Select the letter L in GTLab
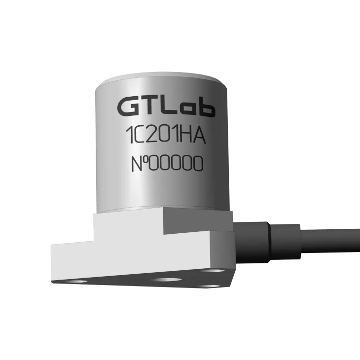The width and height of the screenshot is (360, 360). pyautogui.click(x=169, y=107)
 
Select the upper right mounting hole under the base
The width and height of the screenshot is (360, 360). pyautogui.click(x=214, y=271)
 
